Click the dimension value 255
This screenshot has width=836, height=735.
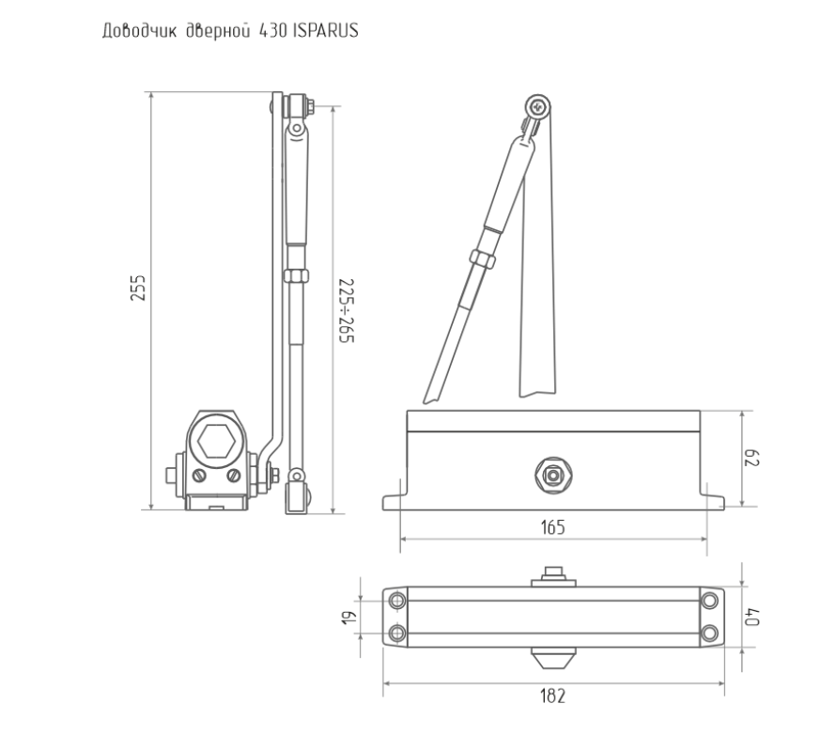point(137,288)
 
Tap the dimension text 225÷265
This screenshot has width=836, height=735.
point(347,310)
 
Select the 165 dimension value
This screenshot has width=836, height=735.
point(552,527)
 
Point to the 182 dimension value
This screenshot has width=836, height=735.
point(552,696)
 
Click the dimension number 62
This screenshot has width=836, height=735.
point(751,458)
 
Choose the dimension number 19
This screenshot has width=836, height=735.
point(348,618)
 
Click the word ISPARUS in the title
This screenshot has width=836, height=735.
point(325,31)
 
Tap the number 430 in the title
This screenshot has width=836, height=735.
point(272,31)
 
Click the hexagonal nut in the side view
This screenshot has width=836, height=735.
point(216,441)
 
